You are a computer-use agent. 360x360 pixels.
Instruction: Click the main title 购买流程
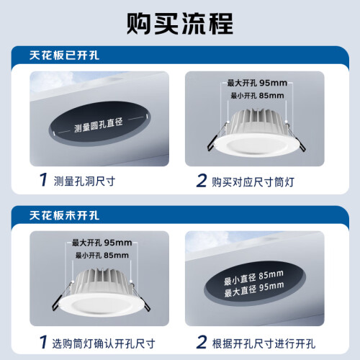[180, 24]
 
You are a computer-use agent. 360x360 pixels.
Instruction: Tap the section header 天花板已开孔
[64, 55]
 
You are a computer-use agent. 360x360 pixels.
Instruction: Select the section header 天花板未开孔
[64, 215]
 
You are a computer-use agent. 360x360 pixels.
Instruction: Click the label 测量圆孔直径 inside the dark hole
[99, 125]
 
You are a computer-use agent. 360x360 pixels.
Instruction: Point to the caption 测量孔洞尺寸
[84, 181]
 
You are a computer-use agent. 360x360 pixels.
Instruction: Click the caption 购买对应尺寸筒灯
[253, 182]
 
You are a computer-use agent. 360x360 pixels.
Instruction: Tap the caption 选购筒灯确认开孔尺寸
[104, 343]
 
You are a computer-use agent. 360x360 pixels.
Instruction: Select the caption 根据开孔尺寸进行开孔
[264, 343]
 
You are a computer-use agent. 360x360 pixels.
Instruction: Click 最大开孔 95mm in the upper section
[257, 83]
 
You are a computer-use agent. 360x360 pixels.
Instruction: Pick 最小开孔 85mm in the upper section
[257, 96]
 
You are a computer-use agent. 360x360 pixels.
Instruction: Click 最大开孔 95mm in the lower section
[102, 243]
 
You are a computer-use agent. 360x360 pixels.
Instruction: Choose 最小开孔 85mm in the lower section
[102, 255]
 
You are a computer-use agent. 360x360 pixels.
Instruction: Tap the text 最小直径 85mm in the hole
[253, 278]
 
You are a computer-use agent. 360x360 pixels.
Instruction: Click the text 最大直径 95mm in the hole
[254, 289]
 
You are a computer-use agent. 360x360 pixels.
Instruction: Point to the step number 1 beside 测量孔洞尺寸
[43, 179]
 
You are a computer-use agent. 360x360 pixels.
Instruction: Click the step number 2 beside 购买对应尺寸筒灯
[201, 181]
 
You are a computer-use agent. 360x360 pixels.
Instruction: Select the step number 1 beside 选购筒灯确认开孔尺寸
[43, 342]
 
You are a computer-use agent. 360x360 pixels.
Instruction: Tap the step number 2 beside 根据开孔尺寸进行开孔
[201, 342]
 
